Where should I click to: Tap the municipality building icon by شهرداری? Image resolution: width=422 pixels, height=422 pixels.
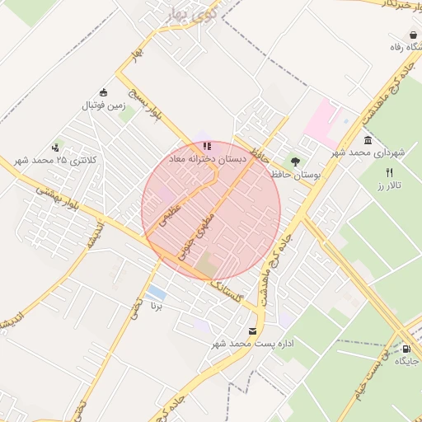[x=367, y=140]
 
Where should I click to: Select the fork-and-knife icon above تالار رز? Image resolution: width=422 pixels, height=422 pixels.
[x=389, y=172]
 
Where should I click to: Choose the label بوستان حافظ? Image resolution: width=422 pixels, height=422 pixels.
[x=295, y=175]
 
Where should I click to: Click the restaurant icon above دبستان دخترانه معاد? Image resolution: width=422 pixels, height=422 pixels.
[x=206, y=145]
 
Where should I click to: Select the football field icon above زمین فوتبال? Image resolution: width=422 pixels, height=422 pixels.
[x=103, y=92]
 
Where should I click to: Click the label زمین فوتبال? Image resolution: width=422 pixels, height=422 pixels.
[x=103, y=106]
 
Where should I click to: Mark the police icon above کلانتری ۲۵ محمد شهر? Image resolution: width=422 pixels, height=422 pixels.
[x=55, y=146]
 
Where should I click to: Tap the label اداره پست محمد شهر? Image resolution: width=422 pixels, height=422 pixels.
[x=253, y=343]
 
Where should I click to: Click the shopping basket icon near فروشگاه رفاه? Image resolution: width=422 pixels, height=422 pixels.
[x=411, y=35]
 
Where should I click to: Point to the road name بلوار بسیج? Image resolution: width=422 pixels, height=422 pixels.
[x=146, y=104]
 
